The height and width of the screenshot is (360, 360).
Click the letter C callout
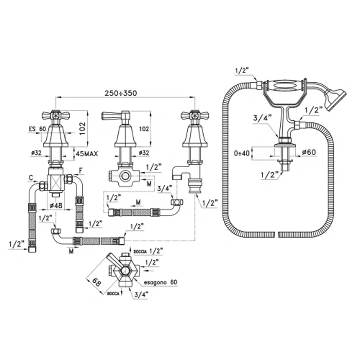point(31,177)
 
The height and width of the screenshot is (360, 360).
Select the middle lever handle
point(117,116)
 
